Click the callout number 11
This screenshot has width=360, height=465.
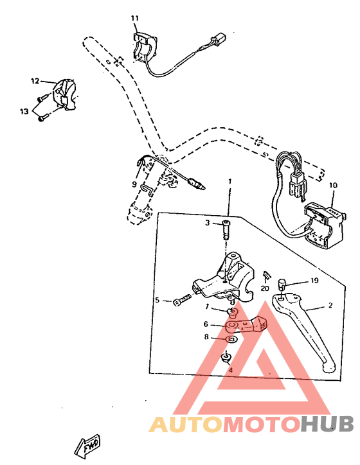point(134,17)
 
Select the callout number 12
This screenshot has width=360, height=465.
point(35,81)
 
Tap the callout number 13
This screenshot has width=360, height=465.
point(24,111)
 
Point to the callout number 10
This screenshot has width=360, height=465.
point(333,186)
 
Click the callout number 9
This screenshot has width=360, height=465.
point(134,184)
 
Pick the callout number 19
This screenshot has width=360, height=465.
point(315,280)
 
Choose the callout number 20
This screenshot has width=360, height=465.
point(265,288)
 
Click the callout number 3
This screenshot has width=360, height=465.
point(208,223)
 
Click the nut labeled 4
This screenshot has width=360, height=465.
point(226,358)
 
